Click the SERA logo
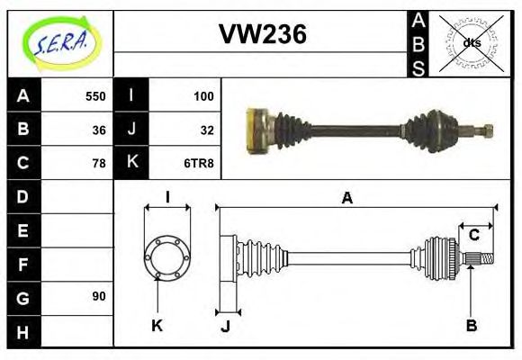(x=60, y=43)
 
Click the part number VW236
(x=263, y=34)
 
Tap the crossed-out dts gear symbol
(x=472, y=42)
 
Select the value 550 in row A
(x=95, y=96)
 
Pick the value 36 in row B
(x=99, y=130)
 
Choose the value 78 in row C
(x=99, y=163)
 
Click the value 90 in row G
(x=99, y=296)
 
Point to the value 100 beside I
(x=203, y=96)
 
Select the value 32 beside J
(x=207, y=130)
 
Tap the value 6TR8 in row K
(x=201, y=163)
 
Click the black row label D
(x=23, y=196)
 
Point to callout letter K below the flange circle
(x=157, y=326)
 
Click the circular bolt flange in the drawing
(x=166, y=256)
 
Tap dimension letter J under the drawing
(x=226, y=327)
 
